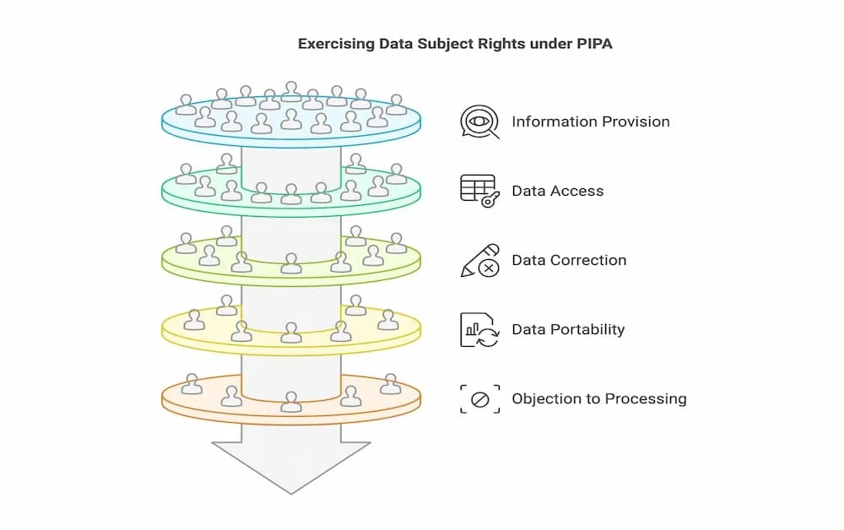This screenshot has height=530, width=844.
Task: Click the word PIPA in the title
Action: pos(595,44)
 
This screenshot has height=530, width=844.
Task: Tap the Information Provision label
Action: pos(591,122)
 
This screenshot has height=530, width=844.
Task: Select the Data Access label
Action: pos(558,191)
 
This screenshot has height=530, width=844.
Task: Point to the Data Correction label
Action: pos(569,261)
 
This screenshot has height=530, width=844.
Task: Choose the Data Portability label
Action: pos(568,329)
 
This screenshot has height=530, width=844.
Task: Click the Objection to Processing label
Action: pos(599,398)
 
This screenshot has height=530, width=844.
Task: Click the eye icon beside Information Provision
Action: pos(479,122)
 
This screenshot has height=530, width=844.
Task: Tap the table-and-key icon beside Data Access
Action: pos(479,191)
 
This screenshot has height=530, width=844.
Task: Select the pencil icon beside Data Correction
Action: pos(479,261)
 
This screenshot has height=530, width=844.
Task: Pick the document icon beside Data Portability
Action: pos(479,330)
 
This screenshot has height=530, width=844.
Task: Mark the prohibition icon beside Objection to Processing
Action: pos(479,399)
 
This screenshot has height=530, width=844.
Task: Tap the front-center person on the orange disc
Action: pos(291,402)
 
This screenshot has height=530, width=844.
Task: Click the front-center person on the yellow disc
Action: pos(291,332)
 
